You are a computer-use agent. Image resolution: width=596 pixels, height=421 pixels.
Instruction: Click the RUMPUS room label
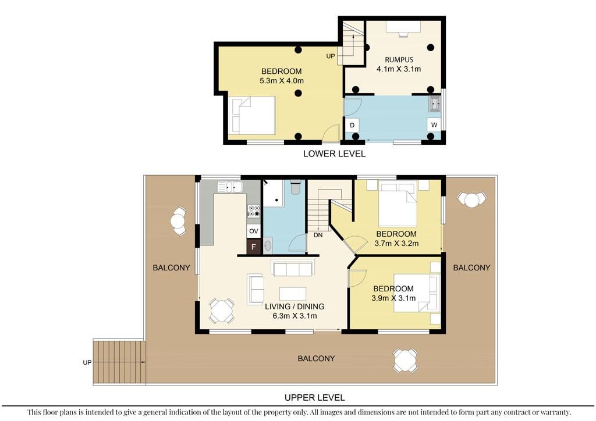tap(399, 59)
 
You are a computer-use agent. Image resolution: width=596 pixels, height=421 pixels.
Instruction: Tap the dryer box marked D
tap(352, 125)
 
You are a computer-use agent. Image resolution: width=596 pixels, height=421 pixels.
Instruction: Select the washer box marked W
tap(434, 124)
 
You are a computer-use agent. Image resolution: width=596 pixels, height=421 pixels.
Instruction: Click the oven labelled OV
tap(254, 231)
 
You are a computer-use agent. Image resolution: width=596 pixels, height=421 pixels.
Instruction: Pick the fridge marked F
tap(254, 247)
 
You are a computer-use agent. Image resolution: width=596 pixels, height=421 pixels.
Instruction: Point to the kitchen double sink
tap(230, 187)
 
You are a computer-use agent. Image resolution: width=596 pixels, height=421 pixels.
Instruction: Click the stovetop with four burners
tap(254, 211)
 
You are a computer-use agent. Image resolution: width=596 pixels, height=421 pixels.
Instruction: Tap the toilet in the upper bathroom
tap(295, 187)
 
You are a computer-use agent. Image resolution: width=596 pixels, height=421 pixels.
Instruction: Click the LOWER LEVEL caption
tap(334, 154)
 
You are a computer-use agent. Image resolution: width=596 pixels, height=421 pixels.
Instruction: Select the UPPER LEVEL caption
tap(315, 398)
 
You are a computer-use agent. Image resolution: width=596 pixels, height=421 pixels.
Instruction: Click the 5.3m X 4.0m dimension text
tap(282, 80)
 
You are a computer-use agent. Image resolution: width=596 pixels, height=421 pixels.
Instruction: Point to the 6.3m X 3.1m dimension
tap(295, 316)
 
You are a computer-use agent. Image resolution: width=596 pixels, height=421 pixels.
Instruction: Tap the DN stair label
tap(318, 235)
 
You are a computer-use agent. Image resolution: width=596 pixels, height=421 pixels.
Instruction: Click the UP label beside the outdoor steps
tap(87, 362)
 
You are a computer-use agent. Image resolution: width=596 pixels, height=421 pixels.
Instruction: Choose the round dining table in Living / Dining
tap(222, 311)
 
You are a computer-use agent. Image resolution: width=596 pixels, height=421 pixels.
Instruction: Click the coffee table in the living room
tap(293, 294)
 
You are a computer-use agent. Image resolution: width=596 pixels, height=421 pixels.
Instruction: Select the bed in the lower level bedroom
tap(253, 115)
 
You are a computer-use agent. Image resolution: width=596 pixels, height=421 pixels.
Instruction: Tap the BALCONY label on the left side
tap(171, 267)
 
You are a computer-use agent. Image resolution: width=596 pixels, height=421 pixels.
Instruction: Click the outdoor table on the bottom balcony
tap(406, 361)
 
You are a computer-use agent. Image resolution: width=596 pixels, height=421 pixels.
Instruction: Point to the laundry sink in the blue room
tap(435, 104)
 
